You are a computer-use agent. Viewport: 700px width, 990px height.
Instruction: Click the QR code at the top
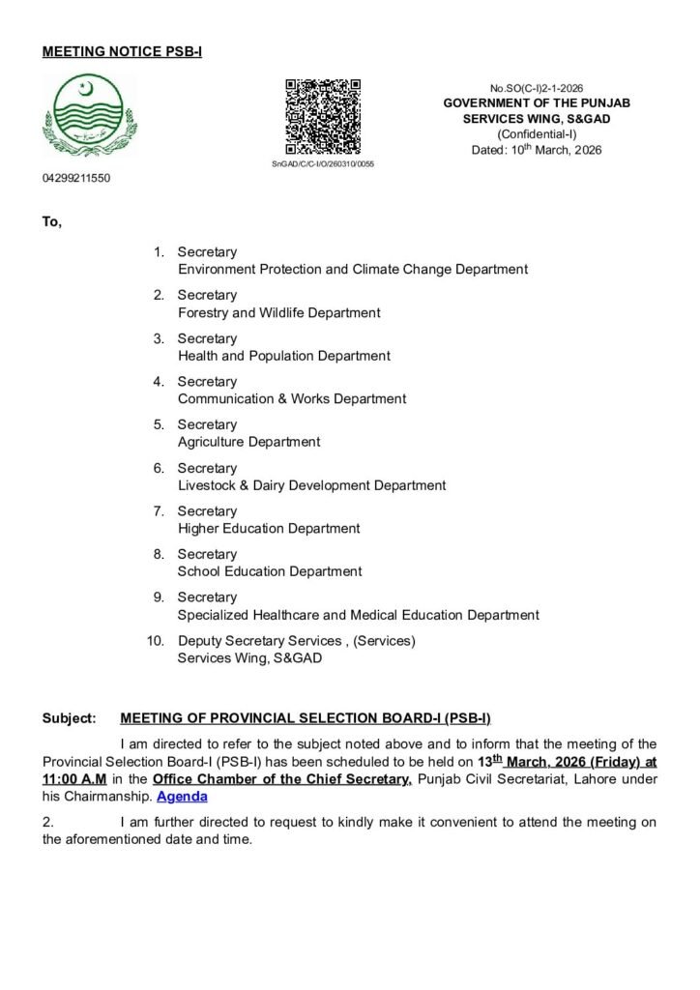(x=323, y=116)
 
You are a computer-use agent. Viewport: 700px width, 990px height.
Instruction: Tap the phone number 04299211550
(x=76, y=179)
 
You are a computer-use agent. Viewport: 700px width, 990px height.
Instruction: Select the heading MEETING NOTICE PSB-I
(x=122, y=51)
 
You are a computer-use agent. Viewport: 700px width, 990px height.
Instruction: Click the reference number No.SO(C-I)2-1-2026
(x=538, y=88)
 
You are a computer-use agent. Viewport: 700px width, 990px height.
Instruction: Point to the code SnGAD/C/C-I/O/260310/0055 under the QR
(x=323, y=164)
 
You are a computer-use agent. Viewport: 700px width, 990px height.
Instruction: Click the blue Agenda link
(x=182, y=798)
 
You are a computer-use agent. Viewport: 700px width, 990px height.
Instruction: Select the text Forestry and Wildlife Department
(x=278, y=313)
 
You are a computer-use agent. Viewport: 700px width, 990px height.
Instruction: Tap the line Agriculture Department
(x=248, y=442)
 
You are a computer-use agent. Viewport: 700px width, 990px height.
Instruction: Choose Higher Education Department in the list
(x=269, y=529)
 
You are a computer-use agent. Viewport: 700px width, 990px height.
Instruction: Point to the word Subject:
(x=70, y=719)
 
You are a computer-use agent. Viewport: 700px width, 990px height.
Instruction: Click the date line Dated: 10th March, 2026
(x=537, y=150)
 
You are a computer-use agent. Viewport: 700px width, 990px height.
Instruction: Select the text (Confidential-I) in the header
(x=537, y=134)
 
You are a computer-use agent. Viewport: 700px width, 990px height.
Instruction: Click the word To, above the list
(x=52, y=222)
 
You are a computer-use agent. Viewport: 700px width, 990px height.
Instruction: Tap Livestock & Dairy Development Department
(x=311, y=485)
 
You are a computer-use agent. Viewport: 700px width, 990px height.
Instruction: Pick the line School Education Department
(x=270, y=571)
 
